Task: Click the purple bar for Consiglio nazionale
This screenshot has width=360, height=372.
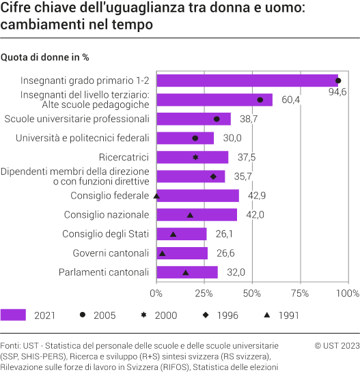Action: point(197,215)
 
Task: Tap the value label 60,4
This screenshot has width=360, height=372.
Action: point(291,100)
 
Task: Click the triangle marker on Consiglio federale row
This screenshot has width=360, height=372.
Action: point(156,196)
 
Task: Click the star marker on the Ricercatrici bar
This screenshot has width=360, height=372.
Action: point(196,158)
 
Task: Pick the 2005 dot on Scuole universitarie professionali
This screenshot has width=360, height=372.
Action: point(217,119)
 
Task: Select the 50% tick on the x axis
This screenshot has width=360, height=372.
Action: point(253,294)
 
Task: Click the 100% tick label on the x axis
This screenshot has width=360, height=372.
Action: point(347,294)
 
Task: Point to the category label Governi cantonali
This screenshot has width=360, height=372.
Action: point(111,253)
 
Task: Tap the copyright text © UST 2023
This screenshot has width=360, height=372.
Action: point(336,346)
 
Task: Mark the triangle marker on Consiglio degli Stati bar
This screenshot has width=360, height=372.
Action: point(174,234)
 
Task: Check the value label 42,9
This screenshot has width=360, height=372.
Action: point(258,196)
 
